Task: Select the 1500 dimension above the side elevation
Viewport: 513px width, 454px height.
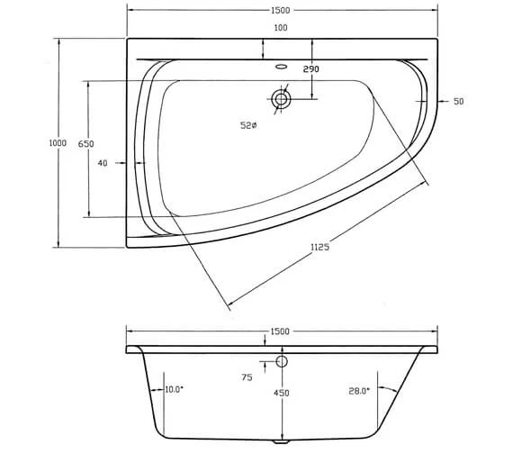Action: (x=280, y=331)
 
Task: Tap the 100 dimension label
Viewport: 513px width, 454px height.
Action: (x=281, y=29)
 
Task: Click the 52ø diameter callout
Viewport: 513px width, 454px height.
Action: (x=248, y=125)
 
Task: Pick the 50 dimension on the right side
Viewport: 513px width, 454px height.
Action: (x=459, y=102)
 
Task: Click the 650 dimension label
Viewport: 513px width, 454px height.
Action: (x=86, y=144)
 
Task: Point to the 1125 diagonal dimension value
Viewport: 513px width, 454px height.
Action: (x=317, y=248)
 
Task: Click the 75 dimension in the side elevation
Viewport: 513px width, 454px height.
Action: (x=247, y=379)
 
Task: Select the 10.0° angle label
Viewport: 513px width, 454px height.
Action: (x=175, y=389)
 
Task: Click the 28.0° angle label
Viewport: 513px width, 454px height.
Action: (x=359, y=390)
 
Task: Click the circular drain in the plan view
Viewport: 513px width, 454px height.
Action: (x=282, y=99)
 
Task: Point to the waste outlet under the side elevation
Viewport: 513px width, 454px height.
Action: (x=277, y=441)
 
